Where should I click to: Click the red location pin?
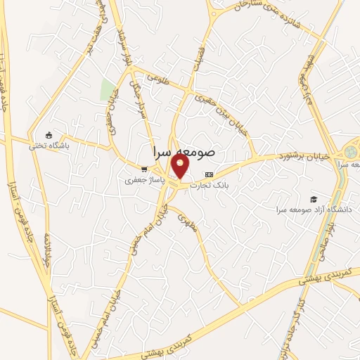click(x=181, y=167)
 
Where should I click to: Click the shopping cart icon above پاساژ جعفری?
click(x=144, y=169)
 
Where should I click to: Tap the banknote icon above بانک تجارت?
click(x=208, y=174)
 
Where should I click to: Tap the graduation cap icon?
click(x=313, y=198)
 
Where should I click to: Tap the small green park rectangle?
click(x=108, y=90)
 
